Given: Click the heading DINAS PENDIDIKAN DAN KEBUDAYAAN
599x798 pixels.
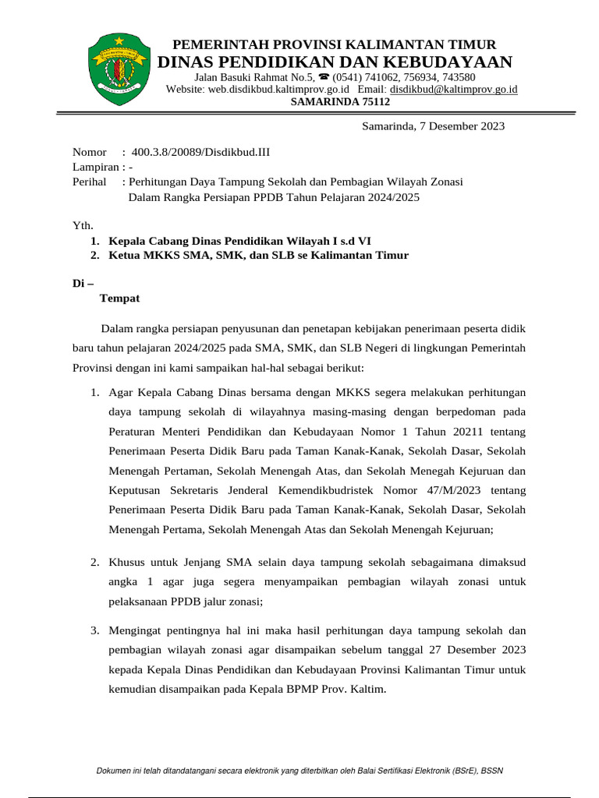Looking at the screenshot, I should click(335, 62).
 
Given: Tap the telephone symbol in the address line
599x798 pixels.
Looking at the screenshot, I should click(324, 78).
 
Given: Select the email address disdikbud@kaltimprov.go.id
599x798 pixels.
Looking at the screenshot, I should click(453, 90).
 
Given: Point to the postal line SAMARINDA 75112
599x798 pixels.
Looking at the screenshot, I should click(340, 102).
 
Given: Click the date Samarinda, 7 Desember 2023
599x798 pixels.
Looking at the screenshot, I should click(433, 126).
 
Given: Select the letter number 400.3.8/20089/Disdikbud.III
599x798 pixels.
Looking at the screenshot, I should click(200, 152).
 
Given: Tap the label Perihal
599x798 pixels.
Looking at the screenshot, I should click(89, 182).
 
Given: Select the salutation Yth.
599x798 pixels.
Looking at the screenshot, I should click(82, 225).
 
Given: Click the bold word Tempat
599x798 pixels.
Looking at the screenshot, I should click(119, 298).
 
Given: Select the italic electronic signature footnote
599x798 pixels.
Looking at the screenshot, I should click(299, 771).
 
